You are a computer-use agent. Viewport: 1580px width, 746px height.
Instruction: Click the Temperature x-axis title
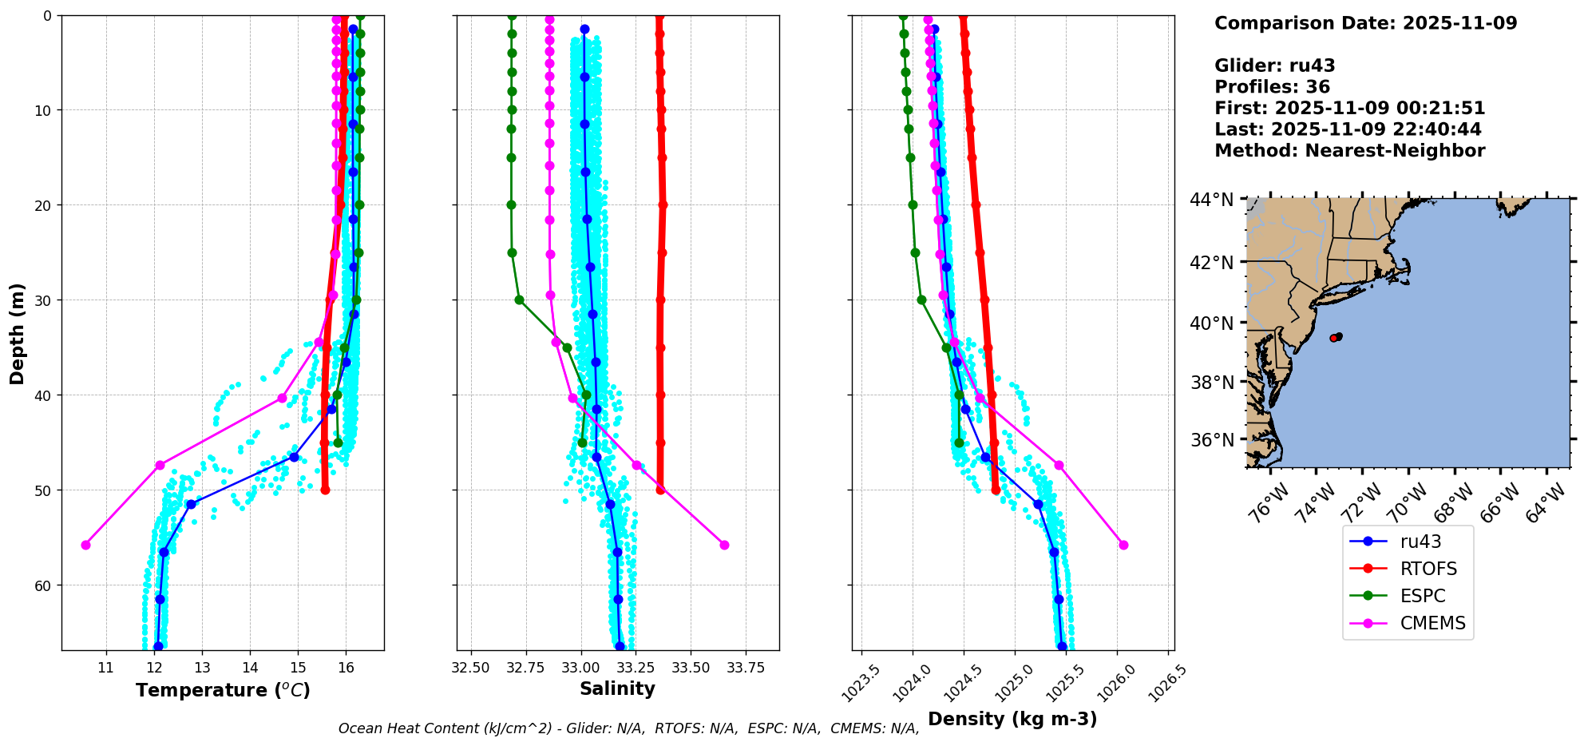point(223,690)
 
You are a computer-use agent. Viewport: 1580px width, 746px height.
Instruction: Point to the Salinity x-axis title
point(617,688)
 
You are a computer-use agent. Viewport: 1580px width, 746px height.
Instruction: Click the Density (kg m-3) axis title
point(1012,719)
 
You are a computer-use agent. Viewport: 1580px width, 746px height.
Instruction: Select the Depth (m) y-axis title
point(18,333)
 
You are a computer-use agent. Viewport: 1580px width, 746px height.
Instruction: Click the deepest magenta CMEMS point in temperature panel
point(85,545)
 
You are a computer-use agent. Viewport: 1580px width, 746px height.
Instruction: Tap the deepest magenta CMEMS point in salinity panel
point(724,545)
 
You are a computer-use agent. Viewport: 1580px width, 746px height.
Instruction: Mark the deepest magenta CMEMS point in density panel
point(1123,545)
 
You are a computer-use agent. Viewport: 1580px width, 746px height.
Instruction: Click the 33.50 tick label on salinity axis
point(691,667)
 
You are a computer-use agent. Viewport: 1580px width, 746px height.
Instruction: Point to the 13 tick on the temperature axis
point(202,667)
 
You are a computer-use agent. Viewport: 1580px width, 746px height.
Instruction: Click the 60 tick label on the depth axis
point(42,585)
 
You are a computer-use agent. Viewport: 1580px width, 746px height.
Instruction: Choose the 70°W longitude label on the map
point(1407,502)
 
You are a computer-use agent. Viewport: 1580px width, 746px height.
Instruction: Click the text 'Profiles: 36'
point(1272,87)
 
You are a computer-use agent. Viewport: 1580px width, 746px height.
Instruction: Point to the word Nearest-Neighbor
point(1395,151)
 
